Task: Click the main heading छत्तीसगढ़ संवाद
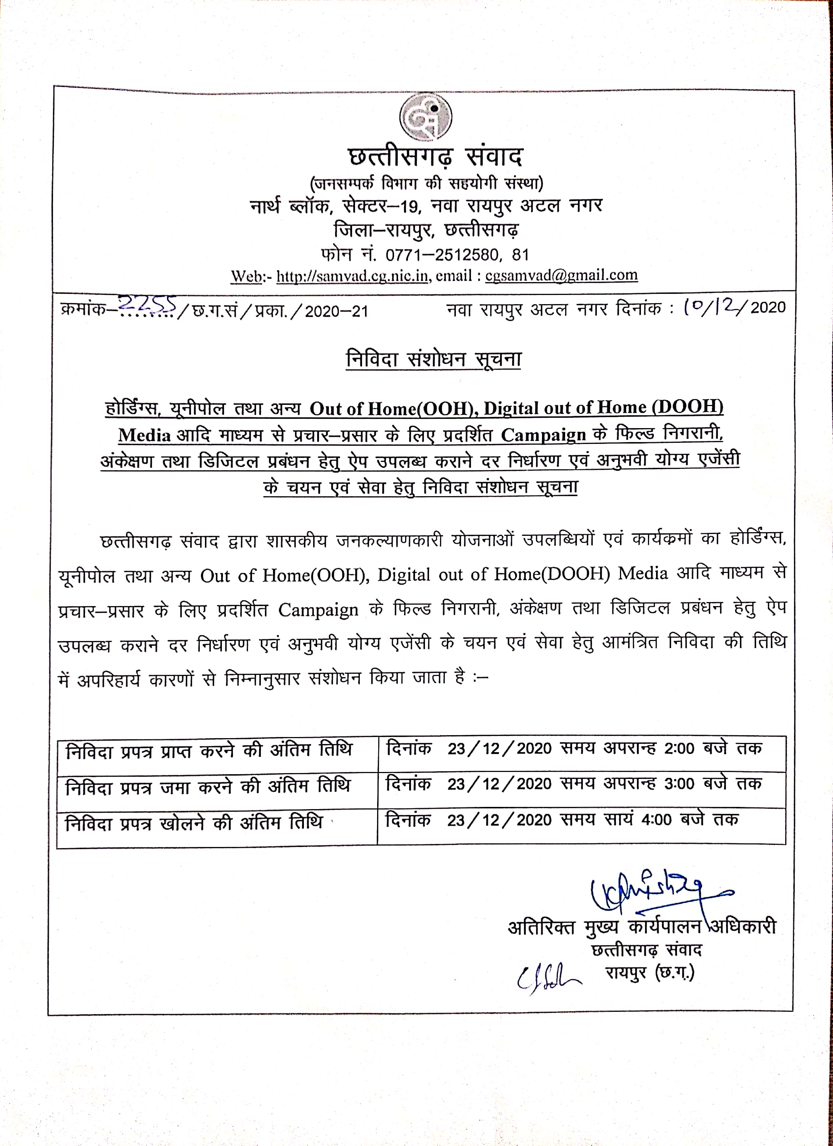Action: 435,157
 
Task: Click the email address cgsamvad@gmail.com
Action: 561,275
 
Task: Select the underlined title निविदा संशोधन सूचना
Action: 433,359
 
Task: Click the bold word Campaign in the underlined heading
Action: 543,435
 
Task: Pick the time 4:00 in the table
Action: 656,819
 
